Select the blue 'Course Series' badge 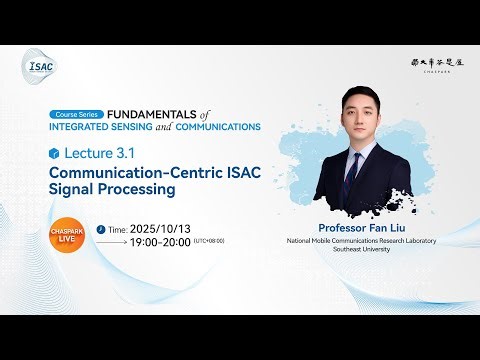point(77,115)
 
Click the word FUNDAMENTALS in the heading point(148,115)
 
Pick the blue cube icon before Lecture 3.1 point(54,153)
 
